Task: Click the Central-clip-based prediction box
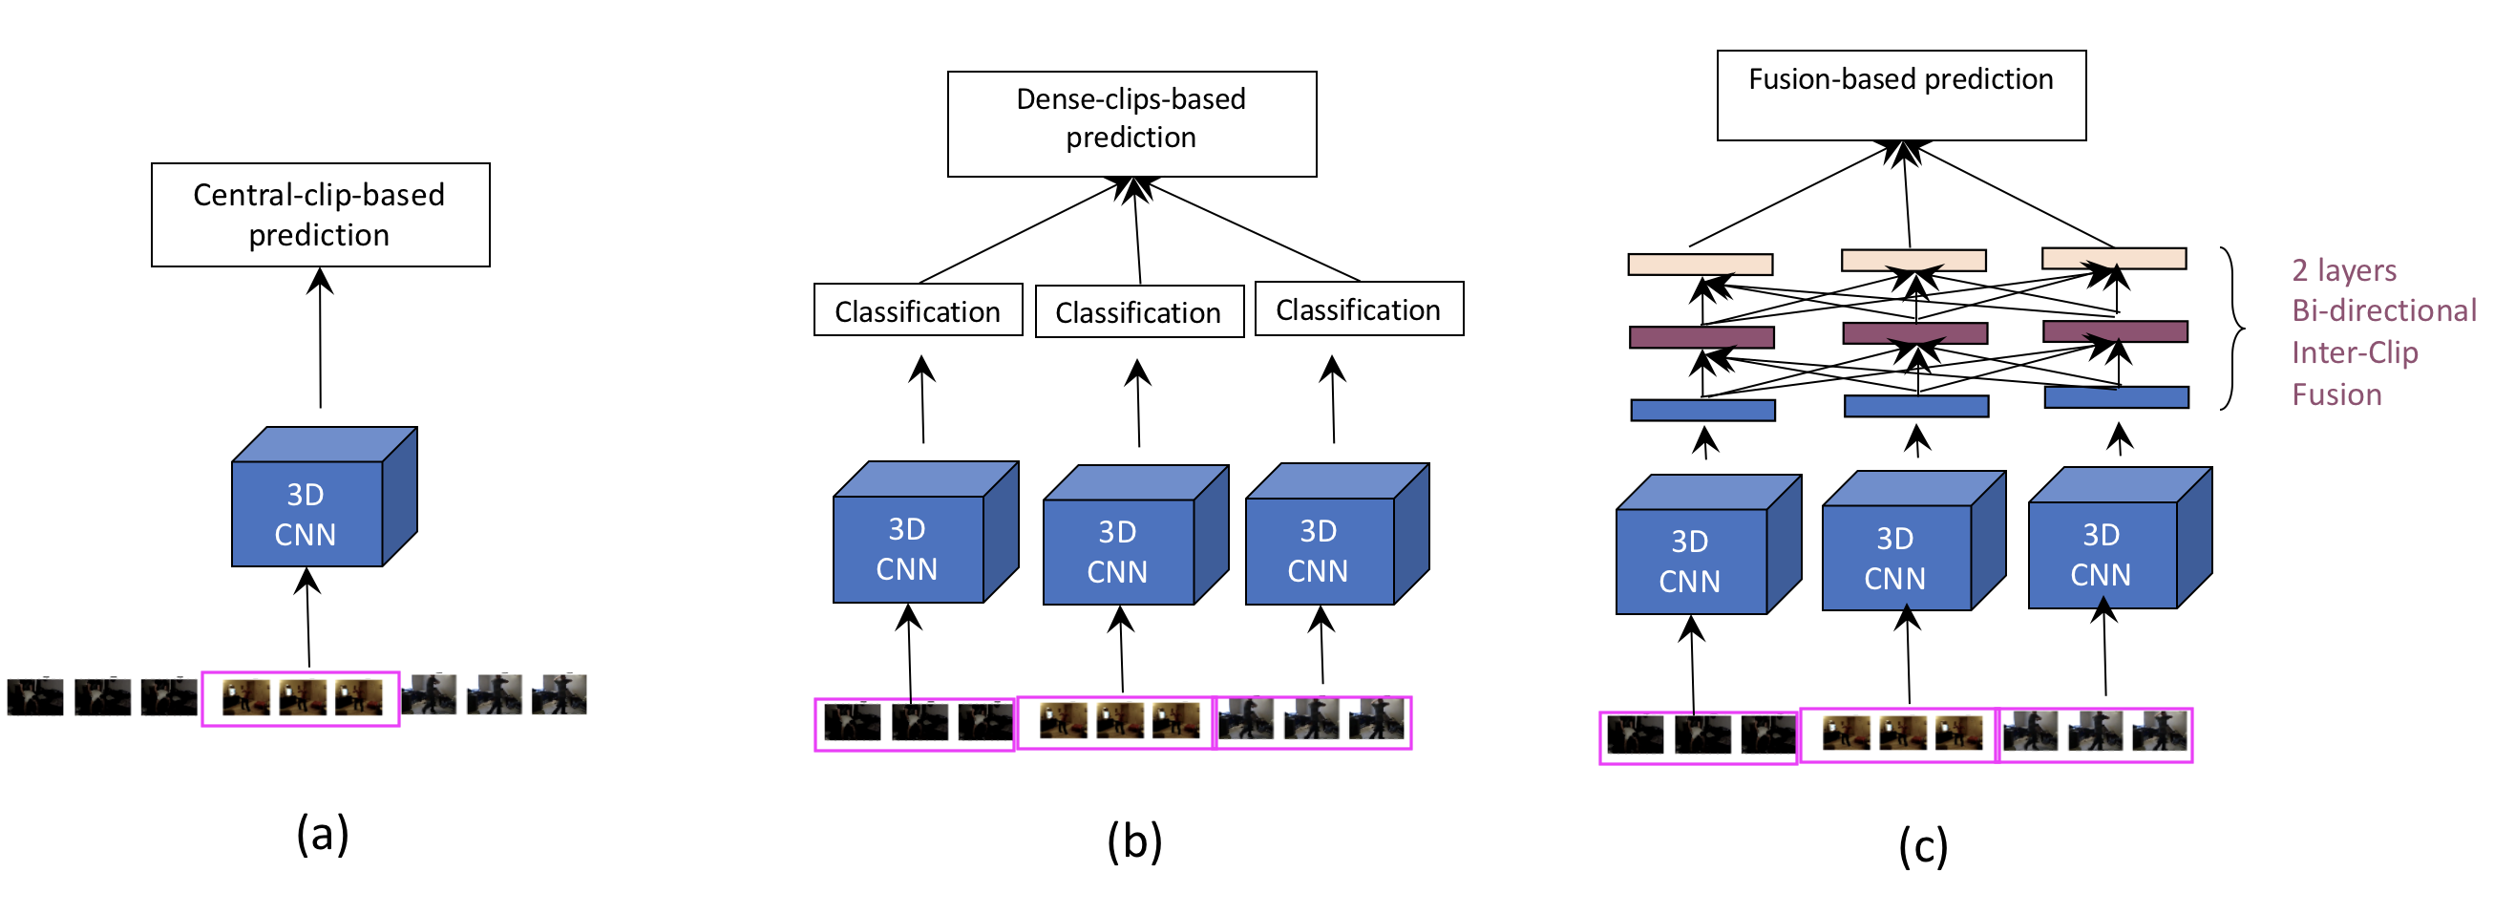(321, 215)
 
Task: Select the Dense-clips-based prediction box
(1131, 124)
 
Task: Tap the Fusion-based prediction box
(1900, 95)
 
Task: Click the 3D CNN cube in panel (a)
(307, 513)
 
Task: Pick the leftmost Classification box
(917, 309)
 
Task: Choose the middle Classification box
(1138, 311)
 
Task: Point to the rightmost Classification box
(1359, 309)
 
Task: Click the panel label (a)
(323, 834)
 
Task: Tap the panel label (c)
(1923, 846)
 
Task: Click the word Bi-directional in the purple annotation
(2383, 310)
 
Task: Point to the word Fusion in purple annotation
(2336, 395)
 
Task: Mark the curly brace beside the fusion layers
(2233, 330)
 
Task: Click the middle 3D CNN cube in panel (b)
(1119, 551)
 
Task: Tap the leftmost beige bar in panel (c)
(1701, 265)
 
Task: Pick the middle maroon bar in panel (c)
(1914, 333)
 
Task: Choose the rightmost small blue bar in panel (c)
(2116, 397)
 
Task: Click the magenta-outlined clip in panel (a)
(300, 698)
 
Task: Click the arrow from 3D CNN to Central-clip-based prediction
(321, 339)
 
